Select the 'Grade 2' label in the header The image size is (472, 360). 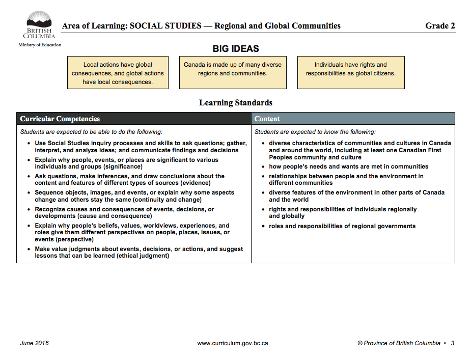click(440, 26)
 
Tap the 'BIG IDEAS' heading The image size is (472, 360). click(236, 49)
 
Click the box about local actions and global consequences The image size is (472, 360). click(118, 73)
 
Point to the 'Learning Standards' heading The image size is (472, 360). click(236, 103)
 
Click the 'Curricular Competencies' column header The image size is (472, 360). click(60, 119)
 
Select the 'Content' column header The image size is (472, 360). click(267, 119)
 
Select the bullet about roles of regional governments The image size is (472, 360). click(342, 226)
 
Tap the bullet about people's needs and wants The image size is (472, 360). click(349, 167)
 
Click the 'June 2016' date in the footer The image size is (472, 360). click(35, 343)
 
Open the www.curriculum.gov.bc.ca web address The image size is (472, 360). click(233, 343)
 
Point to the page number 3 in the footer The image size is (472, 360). click(453, 343)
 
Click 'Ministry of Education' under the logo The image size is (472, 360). click(40, 45)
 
